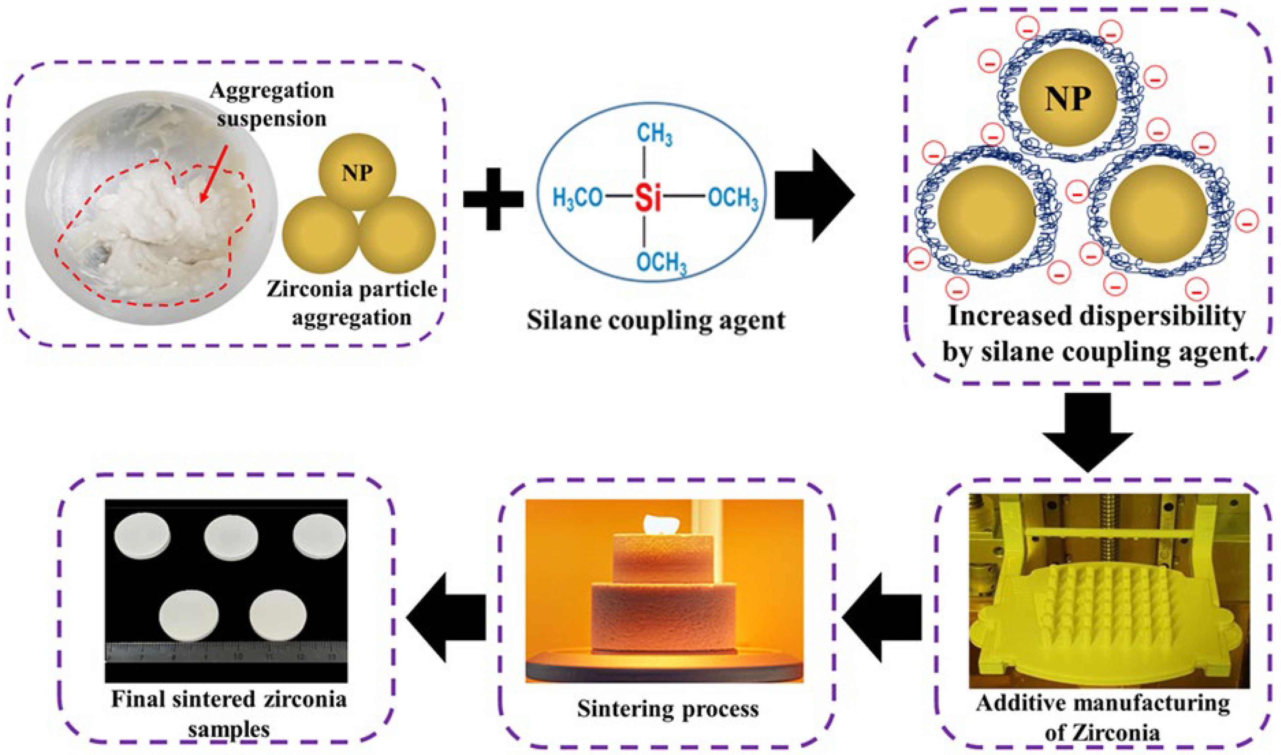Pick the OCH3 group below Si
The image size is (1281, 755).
tap(662, 263)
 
